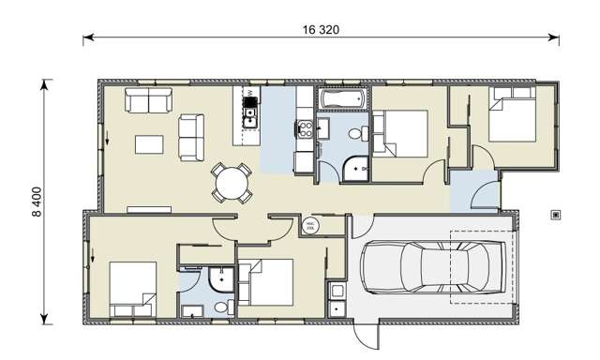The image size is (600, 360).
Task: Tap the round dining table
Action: [x=232, y=182]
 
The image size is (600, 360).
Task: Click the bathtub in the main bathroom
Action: [x=342, y=97]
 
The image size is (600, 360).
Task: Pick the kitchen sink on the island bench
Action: [x=250, y=115]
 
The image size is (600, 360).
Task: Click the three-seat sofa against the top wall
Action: [x=149, y=101]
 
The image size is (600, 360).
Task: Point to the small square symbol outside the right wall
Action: [x=557, y=215]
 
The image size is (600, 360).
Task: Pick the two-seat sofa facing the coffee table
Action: [x=192, y=136]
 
